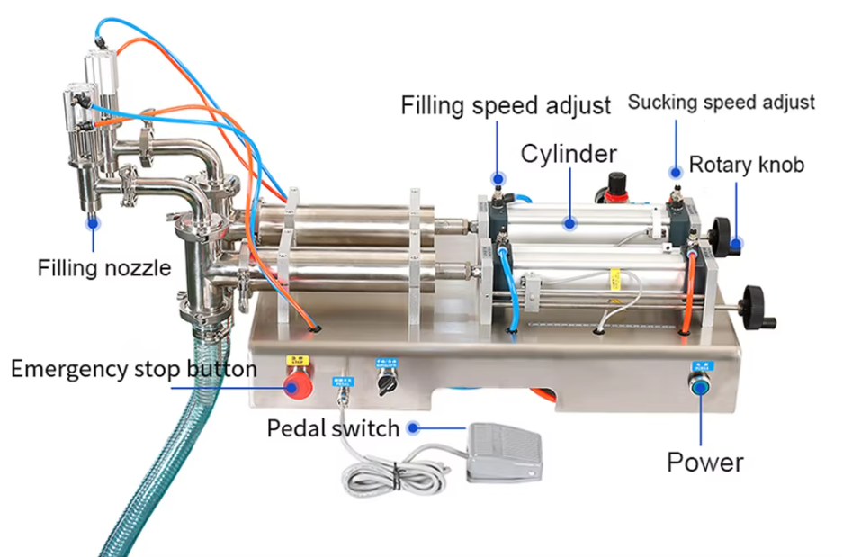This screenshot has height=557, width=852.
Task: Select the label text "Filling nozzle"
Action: point(103,267)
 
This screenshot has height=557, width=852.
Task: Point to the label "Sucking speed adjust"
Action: point(721,102)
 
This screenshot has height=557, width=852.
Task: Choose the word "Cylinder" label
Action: point(569,153)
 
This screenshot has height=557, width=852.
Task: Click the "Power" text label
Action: point(704,463)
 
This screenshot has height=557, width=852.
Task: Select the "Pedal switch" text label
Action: point(333,428)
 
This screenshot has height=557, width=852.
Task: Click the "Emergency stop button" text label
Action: point(134,369)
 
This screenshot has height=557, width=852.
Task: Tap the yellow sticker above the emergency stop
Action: point(293,362)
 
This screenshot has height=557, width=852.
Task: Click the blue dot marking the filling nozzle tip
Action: point(93,217)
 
